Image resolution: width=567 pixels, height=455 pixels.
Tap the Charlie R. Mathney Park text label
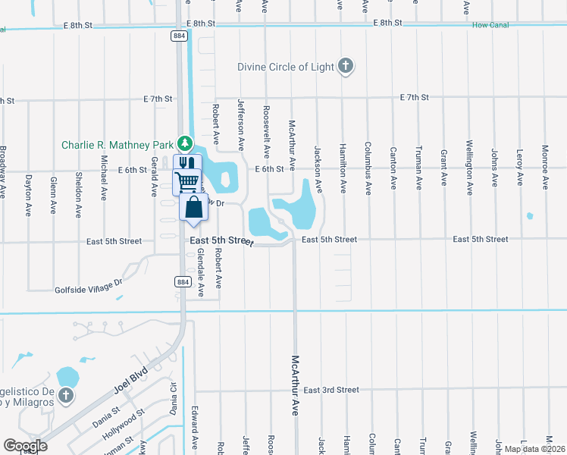117,145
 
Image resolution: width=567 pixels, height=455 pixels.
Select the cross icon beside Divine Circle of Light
346,66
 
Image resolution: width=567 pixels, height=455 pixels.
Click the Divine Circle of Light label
286,67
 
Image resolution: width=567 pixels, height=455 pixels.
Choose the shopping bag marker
194,206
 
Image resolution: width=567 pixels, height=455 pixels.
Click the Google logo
25,445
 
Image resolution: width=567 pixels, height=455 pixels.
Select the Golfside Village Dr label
89,286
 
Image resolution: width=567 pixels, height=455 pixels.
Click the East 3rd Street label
330,390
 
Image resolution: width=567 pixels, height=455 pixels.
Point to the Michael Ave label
105,177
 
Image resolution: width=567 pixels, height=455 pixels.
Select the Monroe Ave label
544,167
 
